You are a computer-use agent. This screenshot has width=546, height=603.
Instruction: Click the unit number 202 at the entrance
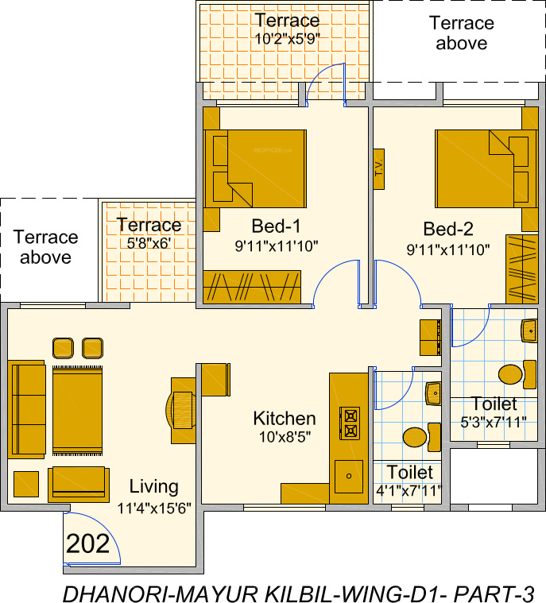[x=87, y=544]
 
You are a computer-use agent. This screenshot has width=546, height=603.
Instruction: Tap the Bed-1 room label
[x=276, y=225]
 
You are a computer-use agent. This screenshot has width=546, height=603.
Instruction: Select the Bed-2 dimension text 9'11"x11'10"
[x=448, y=249]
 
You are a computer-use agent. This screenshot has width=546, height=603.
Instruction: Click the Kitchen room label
[x=284, y=418]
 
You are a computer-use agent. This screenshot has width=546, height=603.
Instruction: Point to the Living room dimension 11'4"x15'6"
[x=154, y=508]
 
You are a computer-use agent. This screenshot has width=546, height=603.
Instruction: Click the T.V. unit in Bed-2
[x=378, y=168]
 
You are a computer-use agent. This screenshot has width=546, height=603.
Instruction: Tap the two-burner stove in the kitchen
[x=350, y=423]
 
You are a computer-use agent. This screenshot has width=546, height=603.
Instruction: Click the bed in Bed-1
[x=256, y=168]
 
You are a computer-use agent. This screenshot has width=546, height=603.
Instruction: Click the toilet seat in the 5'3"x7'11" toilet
[x=510, y=373]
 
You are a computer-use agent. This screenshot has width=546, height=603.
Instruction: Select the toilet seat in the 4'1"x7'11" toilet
[x=415, y=436]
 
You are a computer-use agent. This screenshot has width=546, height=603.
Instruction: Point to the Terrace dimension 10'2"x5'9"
[x=287, y=38]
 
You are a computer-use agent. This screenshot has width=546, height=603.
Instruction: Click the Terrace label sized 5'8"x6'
[x=149, y=225]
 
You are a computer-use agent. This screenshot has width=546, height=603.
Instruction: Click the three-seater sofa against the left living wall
[x=26, y=409]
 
